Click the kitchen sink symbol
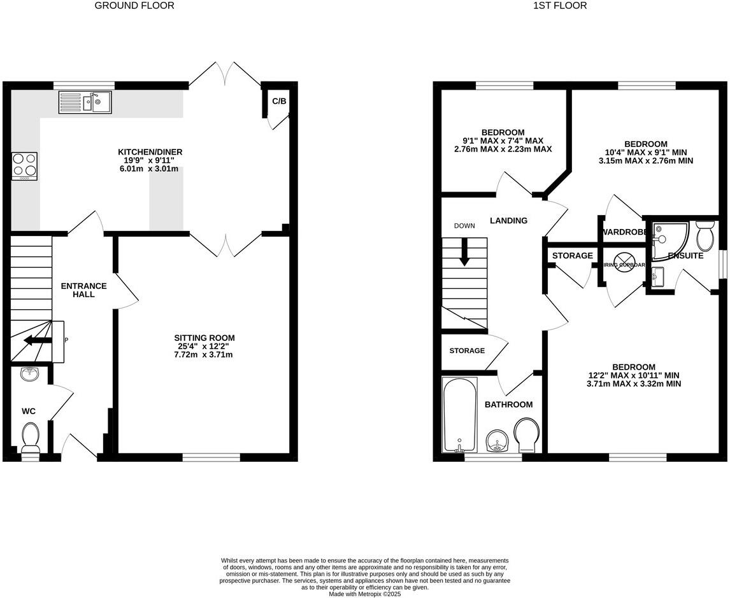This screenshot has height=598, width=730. (85, 102)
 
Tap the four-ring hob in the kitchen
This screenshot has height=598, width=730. (24, 166)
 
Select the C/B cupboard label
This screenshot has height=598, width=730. (279, 101)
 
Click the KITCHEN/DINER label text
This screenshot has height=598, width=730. (150, 151)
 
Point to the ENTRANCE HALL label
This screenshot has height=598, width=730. (83, 290)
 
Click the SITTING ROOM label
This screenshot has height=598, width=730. (204, 337)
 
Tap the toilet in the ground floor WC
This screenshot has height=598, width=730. (31, 438)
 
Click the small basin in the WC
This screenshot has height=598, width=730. (29, 374)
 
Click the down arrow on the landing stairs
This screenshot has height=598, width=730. (464, 252)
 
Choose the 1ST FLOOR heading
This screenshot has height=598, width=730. (550, 6)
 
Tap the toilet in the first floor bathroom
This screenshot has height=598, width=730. (527, 436)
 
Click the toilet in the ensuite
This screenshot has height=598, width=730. (705, 237)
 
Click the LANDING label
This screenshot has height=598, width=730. (508, 221)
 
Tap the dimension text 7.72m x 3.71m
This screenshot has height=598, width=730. (204, 354)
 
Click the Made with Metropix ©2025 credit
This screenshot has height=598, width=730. (365, 594)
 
